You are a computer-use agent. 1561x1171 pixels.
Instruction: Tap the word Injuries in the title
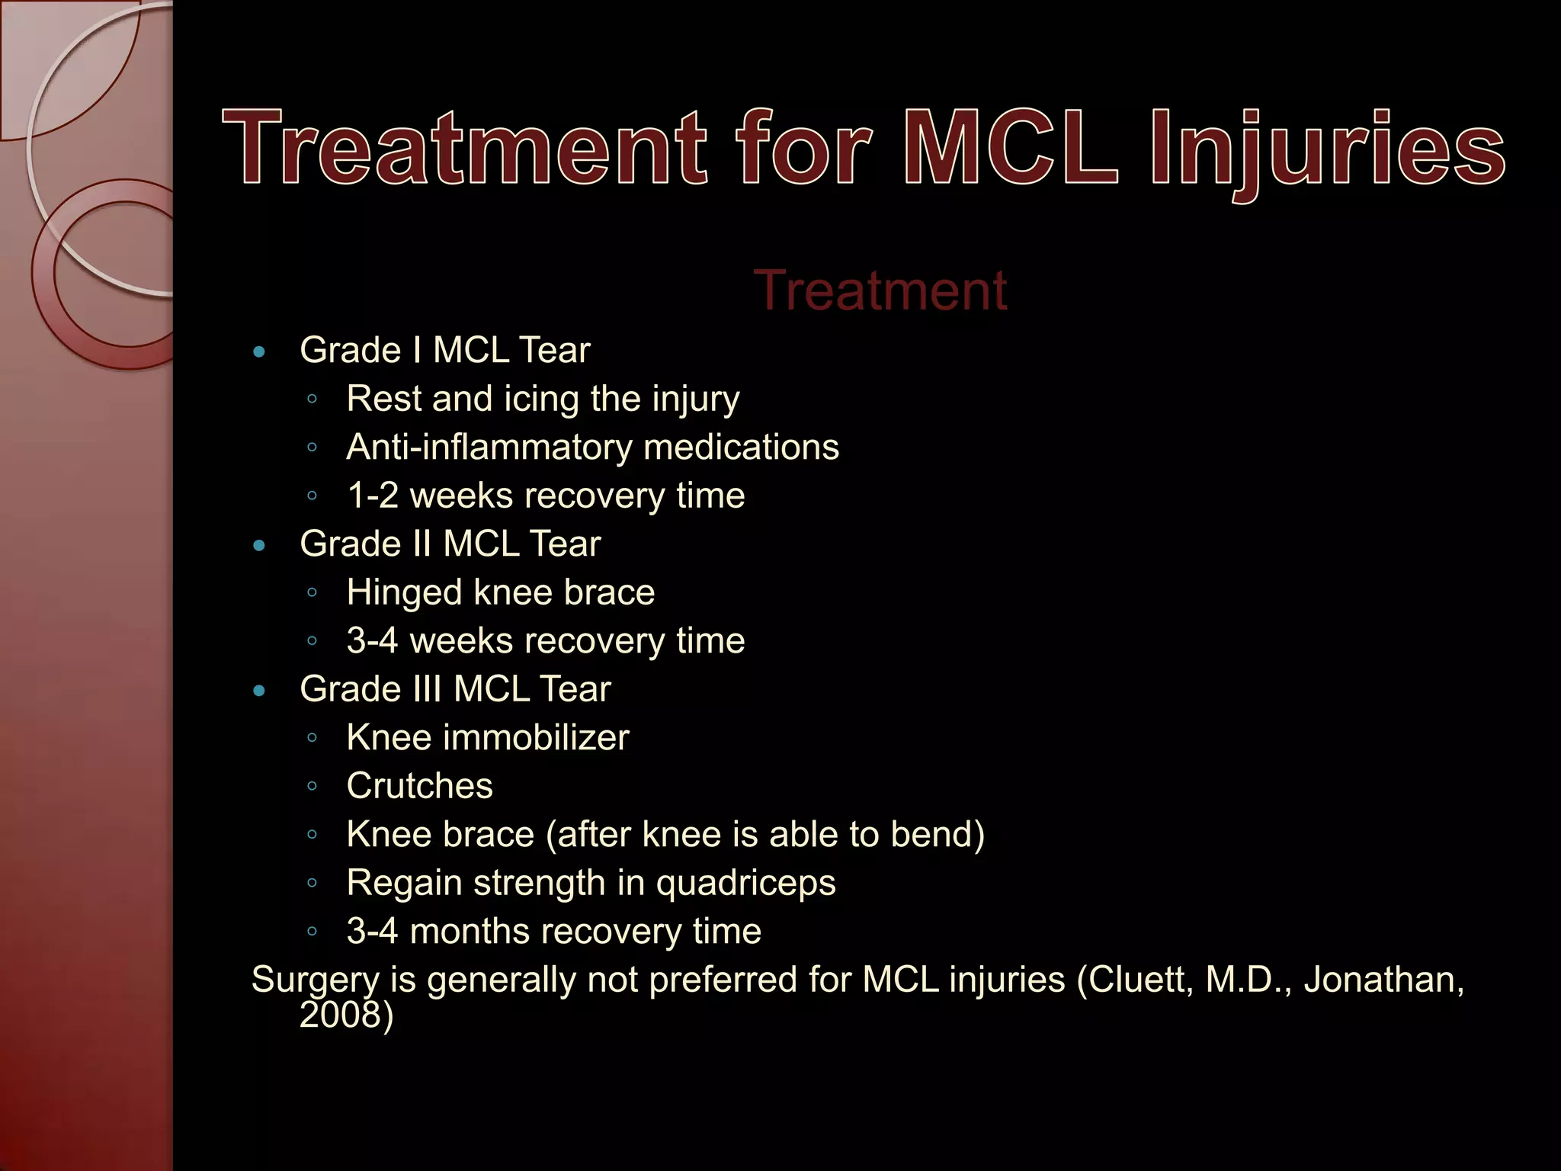point(1327,149)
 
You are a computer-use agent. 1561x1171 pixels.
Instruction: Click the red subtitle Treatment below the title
point(880,290)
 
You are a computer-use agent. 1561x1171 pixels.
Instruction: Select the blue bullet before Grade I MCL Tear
point(259,352)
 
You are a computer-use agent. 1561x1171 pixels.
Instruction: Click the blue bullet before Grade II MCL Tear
point(259,546)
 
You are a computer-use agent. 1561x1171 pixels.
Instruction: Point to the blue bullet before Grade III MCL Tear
point(259,691)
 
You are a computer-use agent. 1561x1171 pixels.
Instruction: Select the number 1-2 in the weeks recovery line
point(373,496)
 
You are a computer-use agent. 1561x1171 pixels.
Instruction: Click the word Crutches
point(419,786)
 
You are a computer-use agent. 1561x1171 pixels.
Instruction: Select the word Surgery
point(315,980)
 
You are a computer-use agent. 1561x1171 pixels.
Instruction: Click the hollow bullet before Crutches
point(312,786)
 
